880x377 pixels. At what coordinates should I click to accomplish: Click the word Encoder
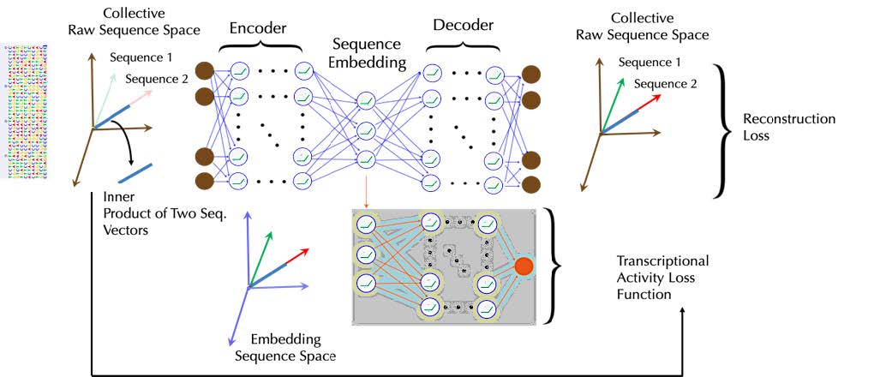tap(259, 27)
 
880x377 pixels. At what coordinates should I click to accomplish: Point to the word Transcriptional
tap(662, 260)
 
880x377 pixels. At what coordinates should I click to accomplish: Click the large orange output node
tap(523, 266)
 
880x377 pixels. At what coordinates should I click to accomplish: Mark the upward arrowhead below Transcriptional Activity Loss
tap(683, 314)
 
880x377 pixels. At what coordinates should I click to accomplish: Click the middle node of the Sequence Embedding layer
tap(366, 129)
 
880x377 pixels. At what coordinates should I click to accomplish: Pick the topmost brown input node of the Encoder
tap(206, 71)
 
